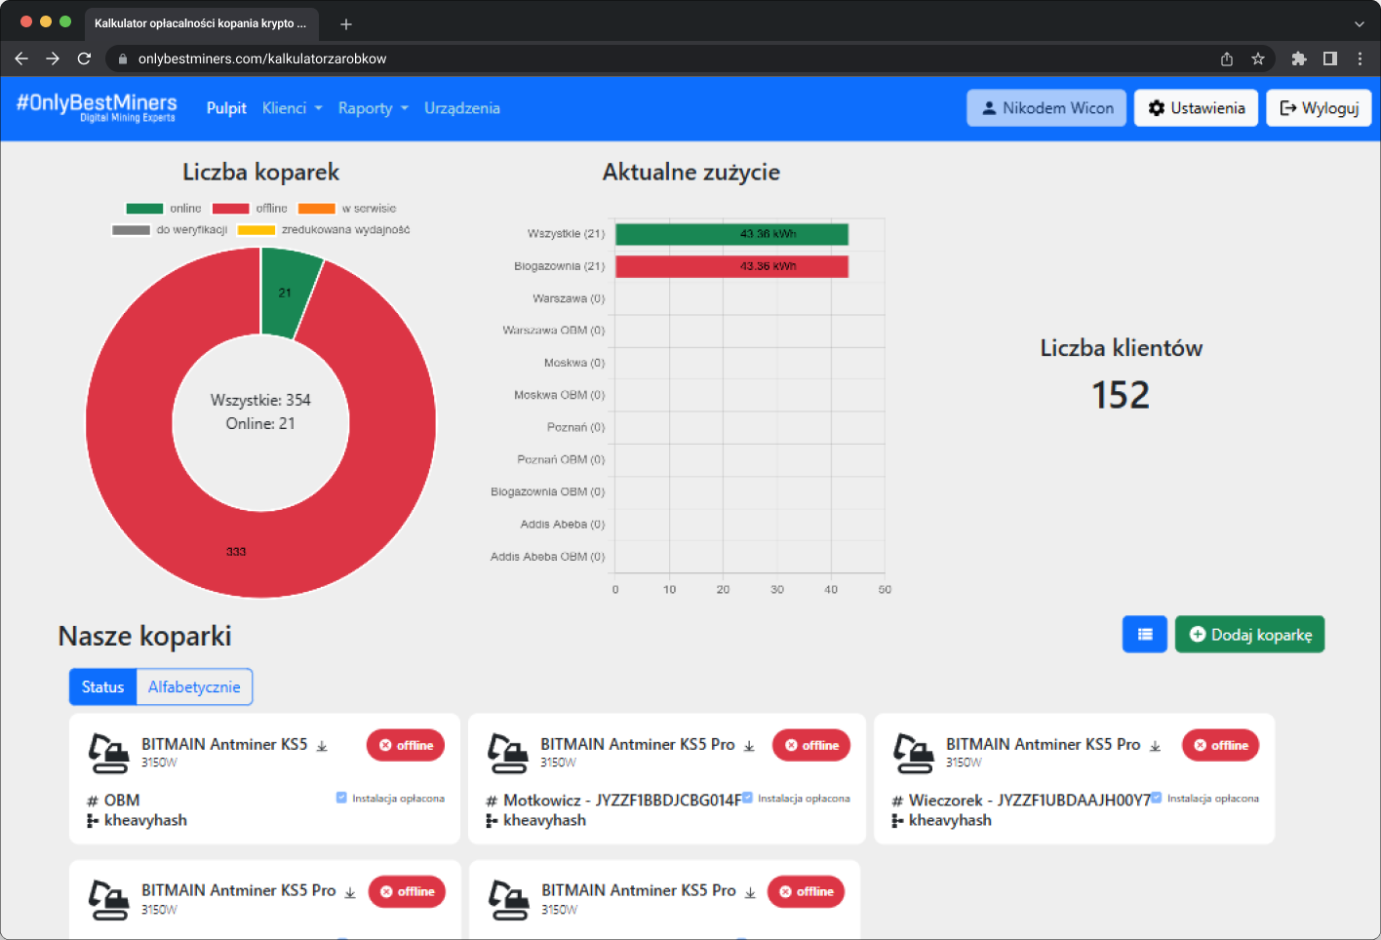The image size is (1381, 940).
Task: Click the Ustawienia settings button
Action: pos(1196,108)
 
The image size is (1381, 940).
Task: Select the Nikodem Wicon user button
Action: pos(1046,108)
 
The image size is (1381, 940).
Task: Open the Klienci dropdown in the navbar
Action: pos(292,108)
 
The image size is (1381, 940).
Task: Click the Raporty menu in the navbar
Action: pos(373,108)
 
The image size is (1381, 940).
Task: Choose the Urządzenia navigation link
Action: pos(462,108)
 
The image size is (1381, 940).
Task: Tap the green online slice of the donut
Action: pos(287,291)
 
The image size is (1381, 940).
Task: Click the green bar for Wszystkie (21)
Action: pos(731,234)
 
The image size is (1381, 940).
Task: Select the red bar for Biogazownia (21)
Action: pos(731,266)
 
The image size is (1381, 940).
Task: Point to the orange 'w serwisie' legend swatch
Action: pos(316,209)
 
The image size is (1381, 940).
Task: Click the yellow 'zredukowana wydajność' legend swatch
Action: pos(256,230)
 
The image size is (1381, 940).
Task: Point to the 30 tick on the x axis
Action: pos(777,590)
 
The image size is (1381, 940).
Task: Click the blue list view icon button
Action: pos(1145,635)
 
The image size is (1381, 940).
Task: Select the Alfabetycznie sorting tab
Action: pos(194,687)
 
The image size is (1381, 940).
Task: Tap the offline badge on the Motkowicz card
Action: pos(811,745)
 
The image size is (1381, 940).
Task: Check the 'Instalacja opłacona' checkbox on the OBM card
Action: pos(341,798)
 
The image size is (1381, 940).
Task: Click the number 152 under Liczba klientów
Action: pos(1121,395)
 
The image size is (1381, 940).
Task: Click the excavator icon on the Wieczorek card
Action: pos(913,753)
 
